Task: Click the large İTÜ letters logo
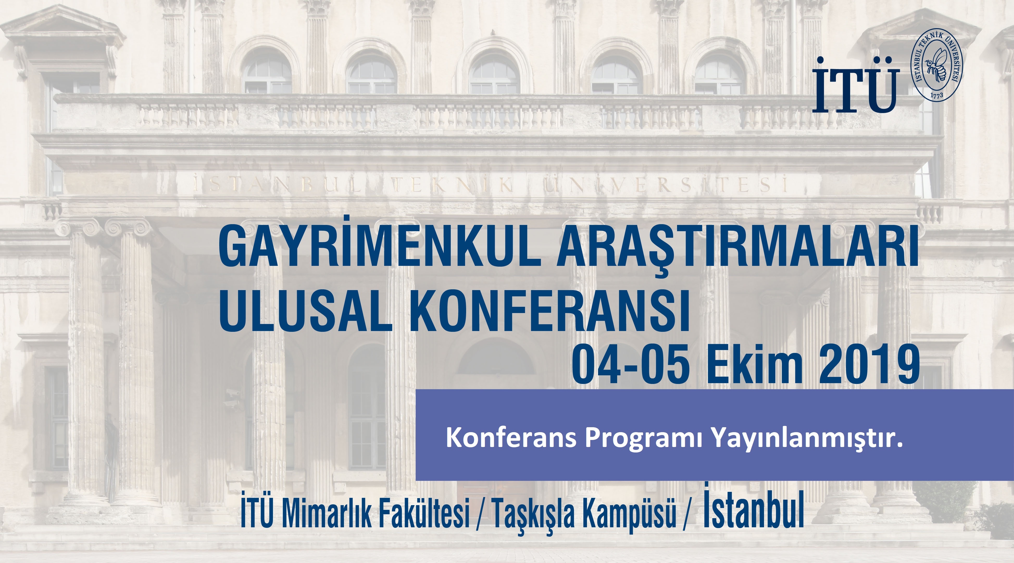coord(856,85)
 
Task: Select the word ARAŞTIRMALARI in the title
coord(737,248)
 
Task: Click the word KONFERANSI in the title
coord(549,311)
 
